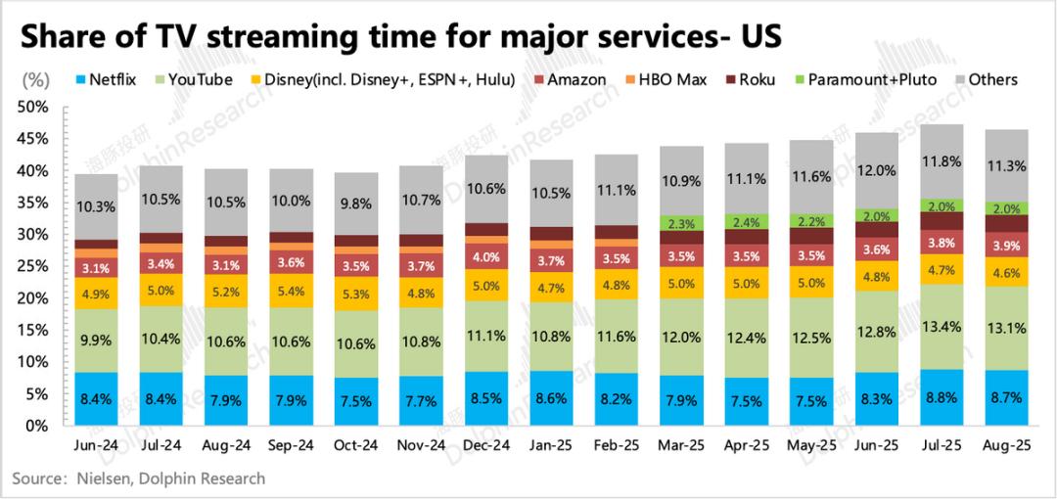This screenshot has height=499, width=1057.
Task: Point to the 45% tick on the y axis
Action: (x=34, y=139)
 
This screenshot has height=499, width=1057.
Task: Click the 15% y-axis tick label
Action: (x=34, y=331)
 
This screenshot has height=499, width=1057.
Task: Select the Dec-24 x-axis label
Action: (x=485, y=444)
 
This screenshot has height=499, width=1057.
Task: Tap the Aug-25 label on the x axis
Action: (x=1005, y=444)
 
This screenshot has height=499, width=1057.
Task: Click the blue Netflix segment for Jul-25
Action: (x=940, y=397)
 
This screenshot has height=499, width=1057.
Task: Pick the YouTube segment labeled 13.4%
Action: (x=940, y=326)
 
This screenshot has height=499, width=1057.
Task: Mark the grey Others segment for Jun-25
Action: (x=875, y=170)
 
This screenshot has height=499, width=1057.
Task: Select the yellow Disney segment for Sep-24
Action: (x=291, y=292)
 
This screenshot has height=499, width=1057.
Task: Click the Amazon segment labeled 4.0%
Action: (x=485, y=258)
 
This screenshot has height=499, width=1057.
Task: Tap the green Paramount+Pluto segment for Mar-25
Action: (x=680, y=223)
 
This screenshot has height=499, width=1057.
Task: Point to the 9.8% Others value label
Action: (x=355, y=204)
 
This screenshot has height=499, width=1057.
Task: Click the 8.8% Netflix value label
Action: (x=940, y=399)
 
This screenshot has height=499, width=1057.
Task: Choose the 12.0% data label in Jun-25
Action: (x=875, y=169)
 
